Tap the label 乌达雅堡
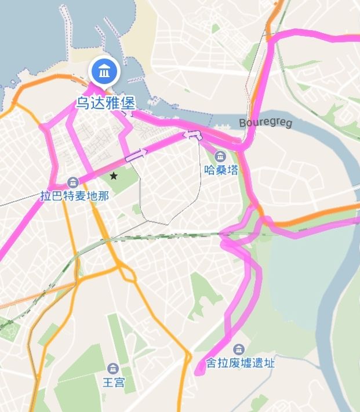click(106, 104)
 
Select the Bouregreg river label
click(266, 123)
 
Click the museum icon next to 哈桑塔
click(220, 156)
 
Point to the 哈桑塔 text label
click(221, 170)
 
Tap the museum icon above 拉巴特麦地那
click(73, 182)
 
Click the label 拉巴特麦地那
click(74, 196)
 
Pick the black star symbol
click(114, 175)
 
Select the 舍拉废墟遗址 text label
click(240, 364)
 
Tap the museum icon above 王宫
click(113, 369)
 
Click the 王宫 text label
click(114, 382)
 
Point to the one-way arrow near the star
click(137, 154)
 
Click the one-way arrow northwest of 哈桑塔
click(192, 136)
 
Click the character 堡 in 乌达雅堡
click(128, 104)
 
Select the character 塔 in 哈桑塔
click(232, 170)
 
